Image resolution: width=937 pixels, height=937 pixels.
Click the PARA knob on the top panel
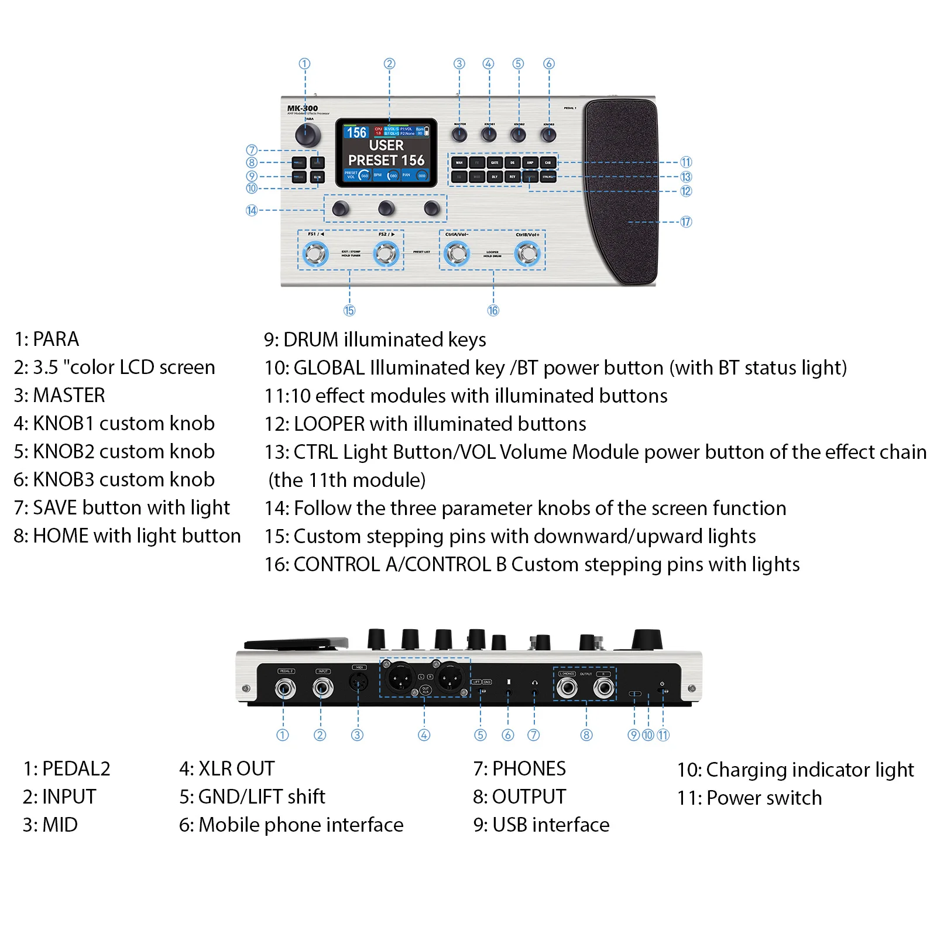point(308,135)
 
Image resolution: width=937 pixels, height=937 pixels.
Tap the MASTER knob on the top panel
point(459,135)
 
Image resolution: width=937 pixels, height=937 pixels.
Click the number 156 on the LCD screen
point(356,132)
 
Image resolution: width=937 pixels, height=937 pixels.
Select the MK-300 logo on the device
point(302,108)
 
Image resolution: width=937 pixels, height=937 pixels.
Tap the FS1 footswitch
point(315,254)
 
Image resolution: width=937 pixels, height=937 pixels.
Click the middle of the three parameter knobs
point(386,208)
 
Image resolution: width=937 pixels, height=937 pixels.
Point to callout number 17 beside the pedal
point(686,222)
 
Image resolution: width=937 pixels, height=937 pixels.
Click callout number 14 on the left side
point(252,210)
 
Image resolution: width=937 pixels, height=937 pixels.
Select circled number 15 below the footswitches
point(349,311)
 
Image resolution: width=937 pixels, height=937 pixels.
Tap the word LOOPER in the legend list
point(329,424)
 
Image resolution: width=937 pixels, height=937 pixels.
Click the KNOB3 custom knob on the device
point(548,135)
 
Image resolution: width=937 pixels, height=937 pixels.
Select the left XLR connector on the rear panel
point(400,679)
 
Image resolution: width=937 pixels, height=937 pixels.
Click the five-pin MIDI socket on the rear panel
point(358,682)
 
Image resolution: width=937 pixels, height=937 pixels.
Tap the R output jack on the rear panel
point(603,688)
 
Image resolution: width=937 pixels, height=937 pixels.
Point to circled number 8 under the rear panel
point(586,735)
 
